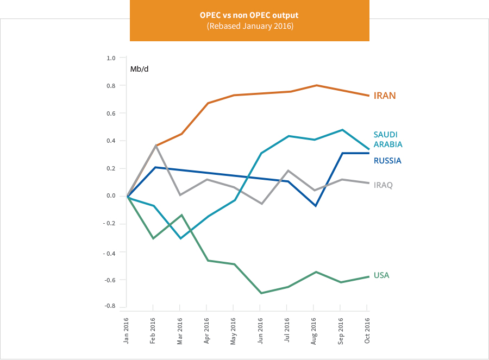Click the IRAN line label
(x=384, y=96)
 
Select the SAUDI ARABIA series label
(x=388, y=140)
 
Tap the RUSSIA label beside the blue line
(x=387, y=161)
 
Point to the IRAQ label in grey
(x=383, y=185)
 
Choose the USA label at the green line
(x=381, y=275)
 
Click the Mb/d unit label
(x=139, y=69)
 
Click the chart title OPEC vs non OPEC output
(x=249, y=15)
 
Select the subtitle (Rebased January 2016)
(x=249, y=26)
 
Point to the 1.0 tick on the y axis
(x=111, y=58)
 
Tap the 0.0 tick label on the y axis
(x=111, y=196)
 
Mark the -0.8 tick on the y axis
(x=110, y=306)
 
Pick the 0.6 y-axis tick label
(x=111, y=113)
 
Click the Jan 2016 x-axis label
(x=127, y=330)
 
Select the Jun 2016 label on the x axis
(x=260, y=330)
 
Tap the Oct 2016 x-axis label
(x=367, y=330)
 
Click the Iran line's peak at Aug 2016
(x=316, y=85)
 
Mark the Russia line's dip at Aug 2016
(x=316, y=206)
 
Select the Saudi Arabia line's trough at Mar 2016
(x=180, y=238)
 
